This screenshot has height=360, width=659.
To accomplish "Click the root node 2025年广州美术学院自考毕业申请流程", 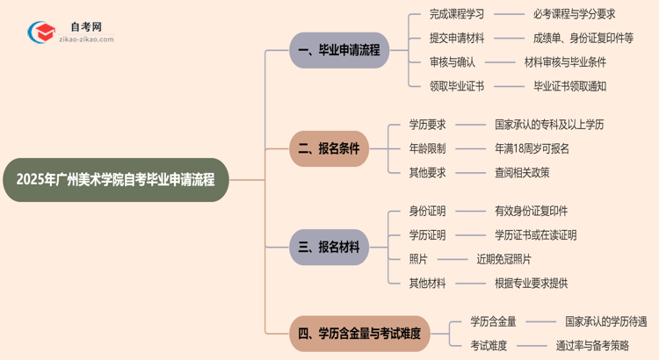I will pyautogui.click(x=115, y=180).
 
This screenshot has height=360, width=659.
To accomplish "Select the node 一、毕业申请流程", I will pyautogui.click(x=339, y=50).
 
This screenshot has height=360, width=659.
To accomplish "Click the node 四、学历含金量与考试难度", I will pyautogui.click(x=359, y=334).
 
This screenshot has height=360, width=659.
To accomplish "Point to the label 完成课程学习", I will pyautogui.click(x=456, y=14).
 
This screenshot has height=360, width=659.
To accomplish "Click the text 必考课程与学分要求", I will pyautogui.click(x=574, y=14).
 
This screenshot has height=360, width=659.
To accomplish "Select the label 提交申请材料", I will pyautogui.click(x=456, y=38).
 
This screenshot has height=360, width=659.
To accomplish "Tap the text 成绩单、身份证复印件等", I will pyautogui.click(x=583, y=38).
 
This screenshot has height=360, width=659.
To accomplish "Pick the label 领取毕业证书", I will pyautogui.click(x=456, y=86).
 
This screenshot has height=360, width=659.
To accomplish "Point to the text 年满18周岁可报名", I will pyautogui.click(x=532, y=148).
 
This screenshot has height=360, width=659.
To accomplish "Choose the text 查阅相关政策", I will pyautogui.click(x=522, y=172).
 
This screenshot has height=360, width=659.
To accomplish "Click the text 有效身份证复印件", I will pyautogui.click(x=531, y=211).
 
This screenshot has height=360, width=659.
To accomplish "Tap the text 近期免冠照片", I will pyautogui.click(x=503, y=259).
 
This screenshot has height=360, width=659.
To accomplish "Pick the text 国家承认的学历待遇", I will pyautogui.click(x=605, y=322).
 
